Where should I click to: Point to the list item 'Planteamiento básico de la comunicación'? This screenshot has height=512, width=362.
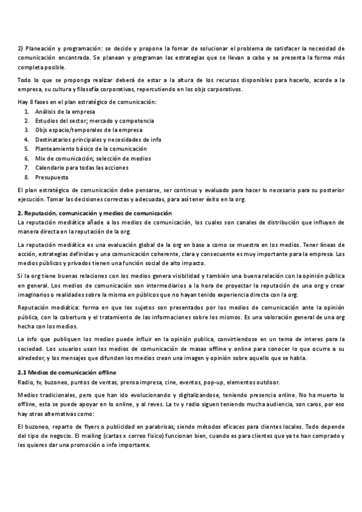(x=91, y=149)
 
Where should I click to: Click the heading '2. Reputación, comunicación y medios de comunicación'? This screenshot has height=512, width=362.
(x=95, y=213)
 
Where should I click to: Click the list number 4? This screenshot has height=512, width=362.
(x=27, y=139)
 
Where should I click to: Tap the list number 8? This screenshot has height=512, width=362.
(x=27, y=178)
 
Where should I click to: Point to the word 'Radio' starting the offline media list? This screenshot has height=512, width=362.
(x=26, y=383)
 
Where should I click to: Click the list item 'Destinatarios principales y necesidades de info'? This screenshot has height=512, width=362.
(x=98, y=139)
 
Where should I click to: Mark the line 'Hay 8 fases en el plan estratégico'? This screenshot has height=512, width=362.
(x=86, y=101)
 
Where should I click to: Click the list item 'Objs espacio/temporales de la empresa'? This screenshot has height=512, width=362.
(x=88, y=130)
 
